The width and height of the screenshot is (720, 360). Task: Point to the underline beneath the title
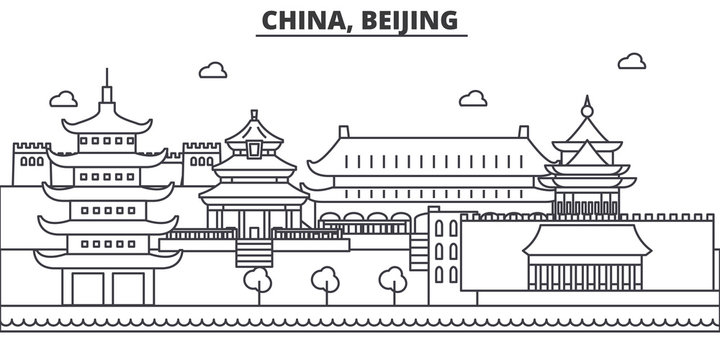361,37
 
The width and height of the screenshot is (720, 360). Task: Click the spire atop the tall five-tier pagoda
106,83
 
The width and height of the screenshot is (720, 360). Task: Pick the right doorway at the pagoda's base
130,287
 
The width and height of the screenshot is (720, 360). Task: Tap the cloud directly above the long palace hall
474,97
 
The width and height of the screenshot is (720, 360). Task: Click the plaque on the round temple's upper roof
253,150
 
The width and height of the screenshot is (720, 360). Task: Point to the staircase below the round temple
253,252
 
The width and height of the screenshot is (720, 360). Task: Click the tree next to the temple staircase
259,282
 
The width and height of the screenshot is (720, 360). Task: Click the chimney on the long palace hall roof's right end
522,132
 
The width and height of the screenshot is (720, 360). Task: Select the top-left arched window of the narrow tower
439,229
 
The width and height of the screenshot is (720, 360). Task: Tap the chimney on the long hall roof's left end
343,132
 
